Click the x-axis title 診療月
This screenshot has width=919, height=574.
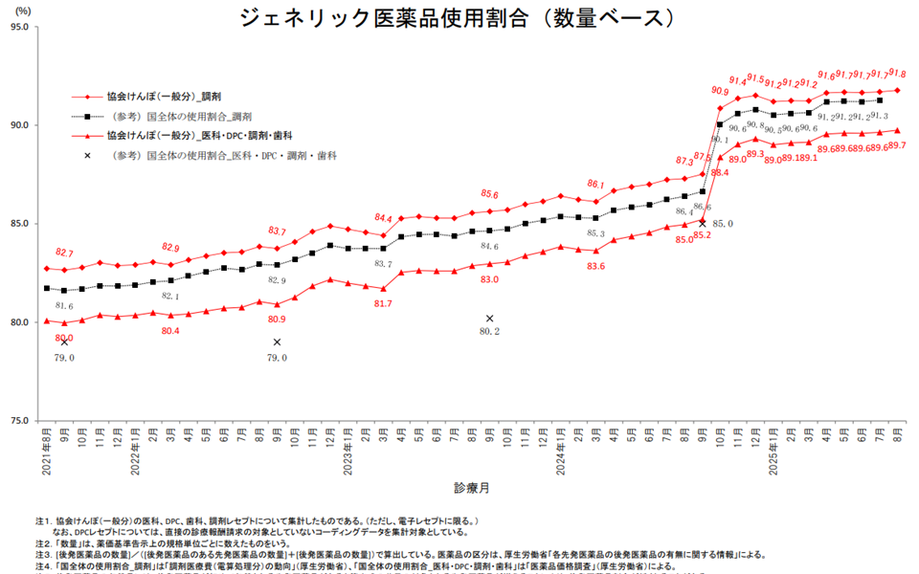(472, 488)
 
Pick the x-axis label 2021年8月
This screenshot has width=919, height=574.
(47, 452)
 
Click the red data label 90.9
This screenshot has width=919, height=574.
(720, 91)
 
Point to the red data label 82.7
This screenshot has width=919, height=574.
(64, 254)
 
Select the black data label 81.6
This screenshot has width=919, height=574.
(64, 306)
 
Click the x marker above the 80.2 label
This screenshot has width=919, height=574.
(489, 319)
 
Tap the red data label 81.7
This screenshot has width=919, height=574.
(383, 303)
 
